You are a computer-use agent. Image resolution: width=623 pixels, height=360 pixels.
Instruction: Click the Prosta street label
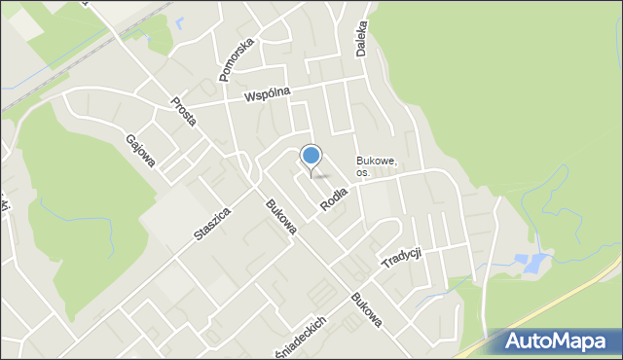click(x=183, y=110)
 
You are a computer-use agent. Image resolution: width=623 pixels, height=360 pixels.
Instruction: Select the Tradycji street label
click(x=400, y=258)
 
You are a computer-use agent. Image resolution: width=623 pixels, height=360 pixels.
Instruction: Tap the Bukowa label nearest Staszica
click(x=280, y=216)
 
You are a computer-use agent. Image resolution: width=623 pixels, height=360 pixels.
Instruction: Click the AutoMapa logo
click(x=554, y=342)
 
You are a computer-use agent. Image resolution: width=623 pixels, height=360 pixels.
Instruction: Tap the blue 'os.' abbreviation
click(x=362, y=172)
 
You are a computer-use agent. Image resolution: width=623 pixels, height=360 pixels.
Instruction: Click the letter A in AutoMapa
click(x=516, y=342)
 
